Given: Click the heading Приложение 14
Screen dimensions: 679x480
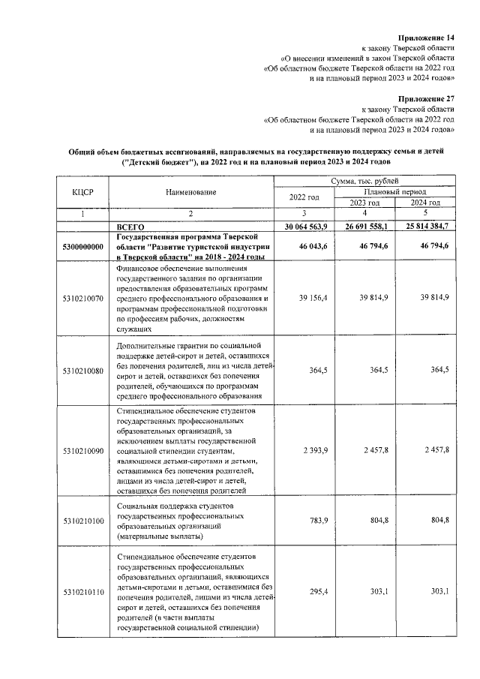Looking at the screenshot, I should coord(429,37).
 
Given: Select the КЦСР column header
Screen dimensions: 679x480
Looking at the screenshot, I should coord(82,192).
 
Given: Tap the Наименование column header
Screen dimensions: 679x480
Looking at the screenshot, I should coord(190,192).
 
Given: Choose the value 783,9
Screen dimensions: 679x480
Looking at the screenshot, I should coord(316,521).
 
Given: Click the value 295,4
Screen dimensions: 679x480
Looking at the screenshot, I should coord(316,592).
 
